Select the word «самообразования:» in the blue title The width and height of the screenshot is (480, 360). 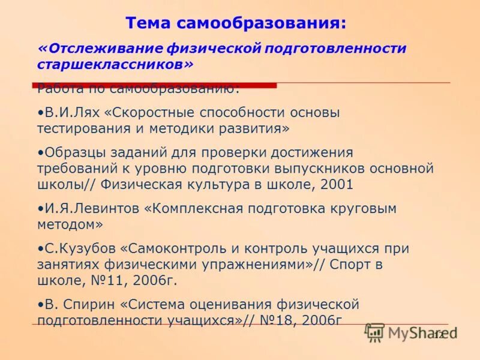(261, 23)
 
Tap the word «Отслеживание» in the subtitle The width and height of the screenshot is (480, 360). (99, 47)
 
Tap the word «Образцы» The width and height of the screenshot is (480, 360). (74, 152)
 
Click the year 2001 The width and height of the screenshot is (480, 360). (337, 184)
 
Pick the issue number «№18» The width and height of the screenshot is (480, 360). (274, 320)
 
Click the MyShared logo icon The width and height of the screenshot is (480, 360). (375, 332)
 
